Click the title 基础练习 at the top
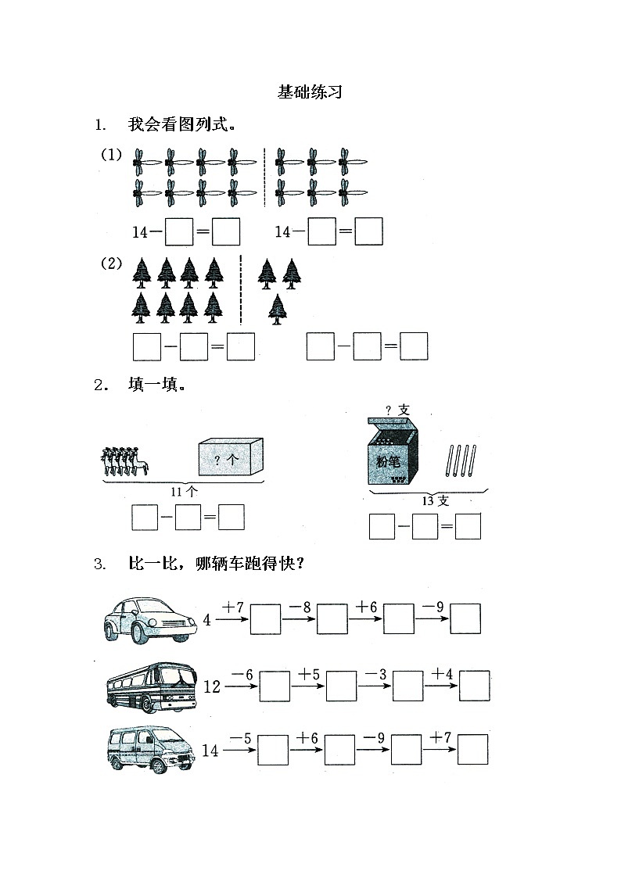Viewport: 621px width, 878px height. tap(310, 92)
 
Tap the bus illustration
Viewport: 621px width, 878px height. tap(150, 686)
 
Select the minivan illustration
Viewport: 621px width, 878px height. tap(149, 749)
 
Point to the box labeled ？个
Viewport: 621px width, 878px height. tap(231, 457)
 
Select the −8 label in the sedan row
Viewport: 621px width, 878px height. tap(300, 606)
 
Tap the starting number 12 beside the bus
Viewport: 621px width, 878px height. tap(212, 687)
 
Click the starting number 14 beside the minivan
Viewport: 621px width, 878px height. tap(210, 751)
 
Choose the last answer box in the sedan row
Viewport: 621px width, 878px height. tap(465, 618)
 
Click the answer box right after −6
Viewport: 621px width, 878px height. tap(274, 686)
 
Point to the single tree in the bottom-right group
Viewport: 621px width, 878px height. tap(276, 309)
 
